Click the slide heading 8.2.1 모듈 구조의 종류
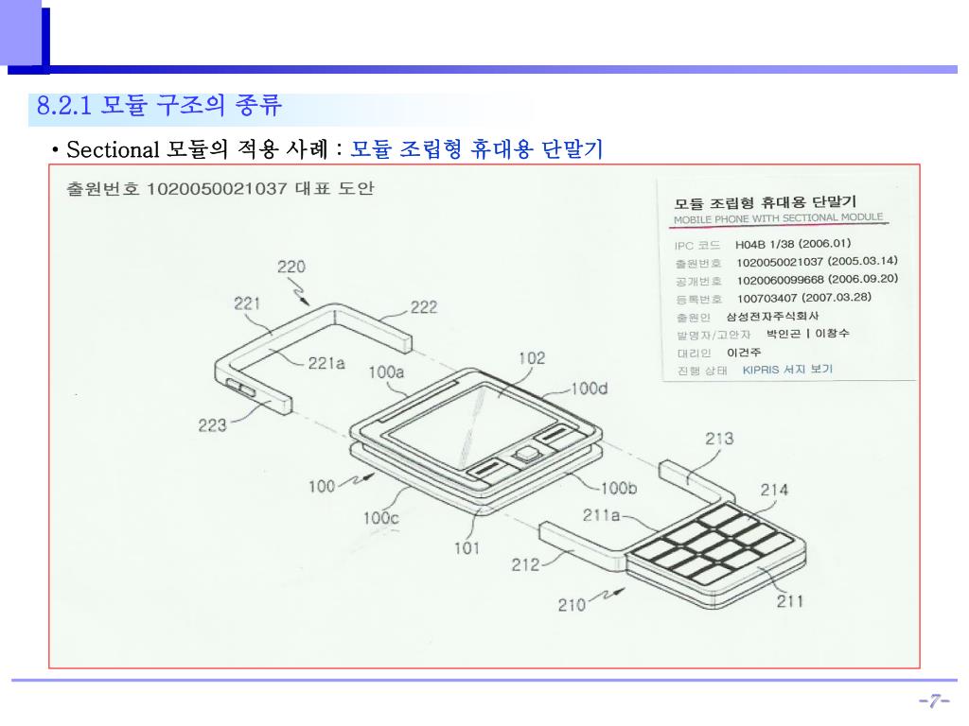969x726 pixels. (x=159, y=105)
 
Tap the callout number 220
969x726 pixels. (x=291, y=267)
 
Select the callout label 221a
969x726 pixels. (x=326, y=363)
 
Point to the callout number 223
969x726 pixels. (x=212, y=425)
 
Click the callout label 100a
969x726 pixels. (x=386, y=372)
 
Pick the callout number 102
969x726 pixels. (x=533, y=358)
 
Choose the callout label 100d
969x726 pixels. (x=590, y=389)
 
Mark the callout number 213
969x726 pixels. (x=719, y=439)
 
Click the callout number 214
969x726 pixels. (x=774, y=490)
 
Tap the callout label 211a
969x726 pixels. (x=601, y=516)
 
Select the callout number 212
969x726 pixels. (x=525, y=565)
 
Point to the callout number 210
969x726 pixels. (x=572, y=605)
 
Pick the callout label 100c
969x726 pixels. (x=381, y=518)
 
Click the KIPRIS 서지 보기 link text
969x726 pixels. (x=787, y=370)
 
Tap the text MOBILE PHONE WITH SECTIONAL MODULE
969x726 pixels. (x=779, y=218)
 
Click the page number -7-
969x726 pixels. (x=934, y=700)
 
